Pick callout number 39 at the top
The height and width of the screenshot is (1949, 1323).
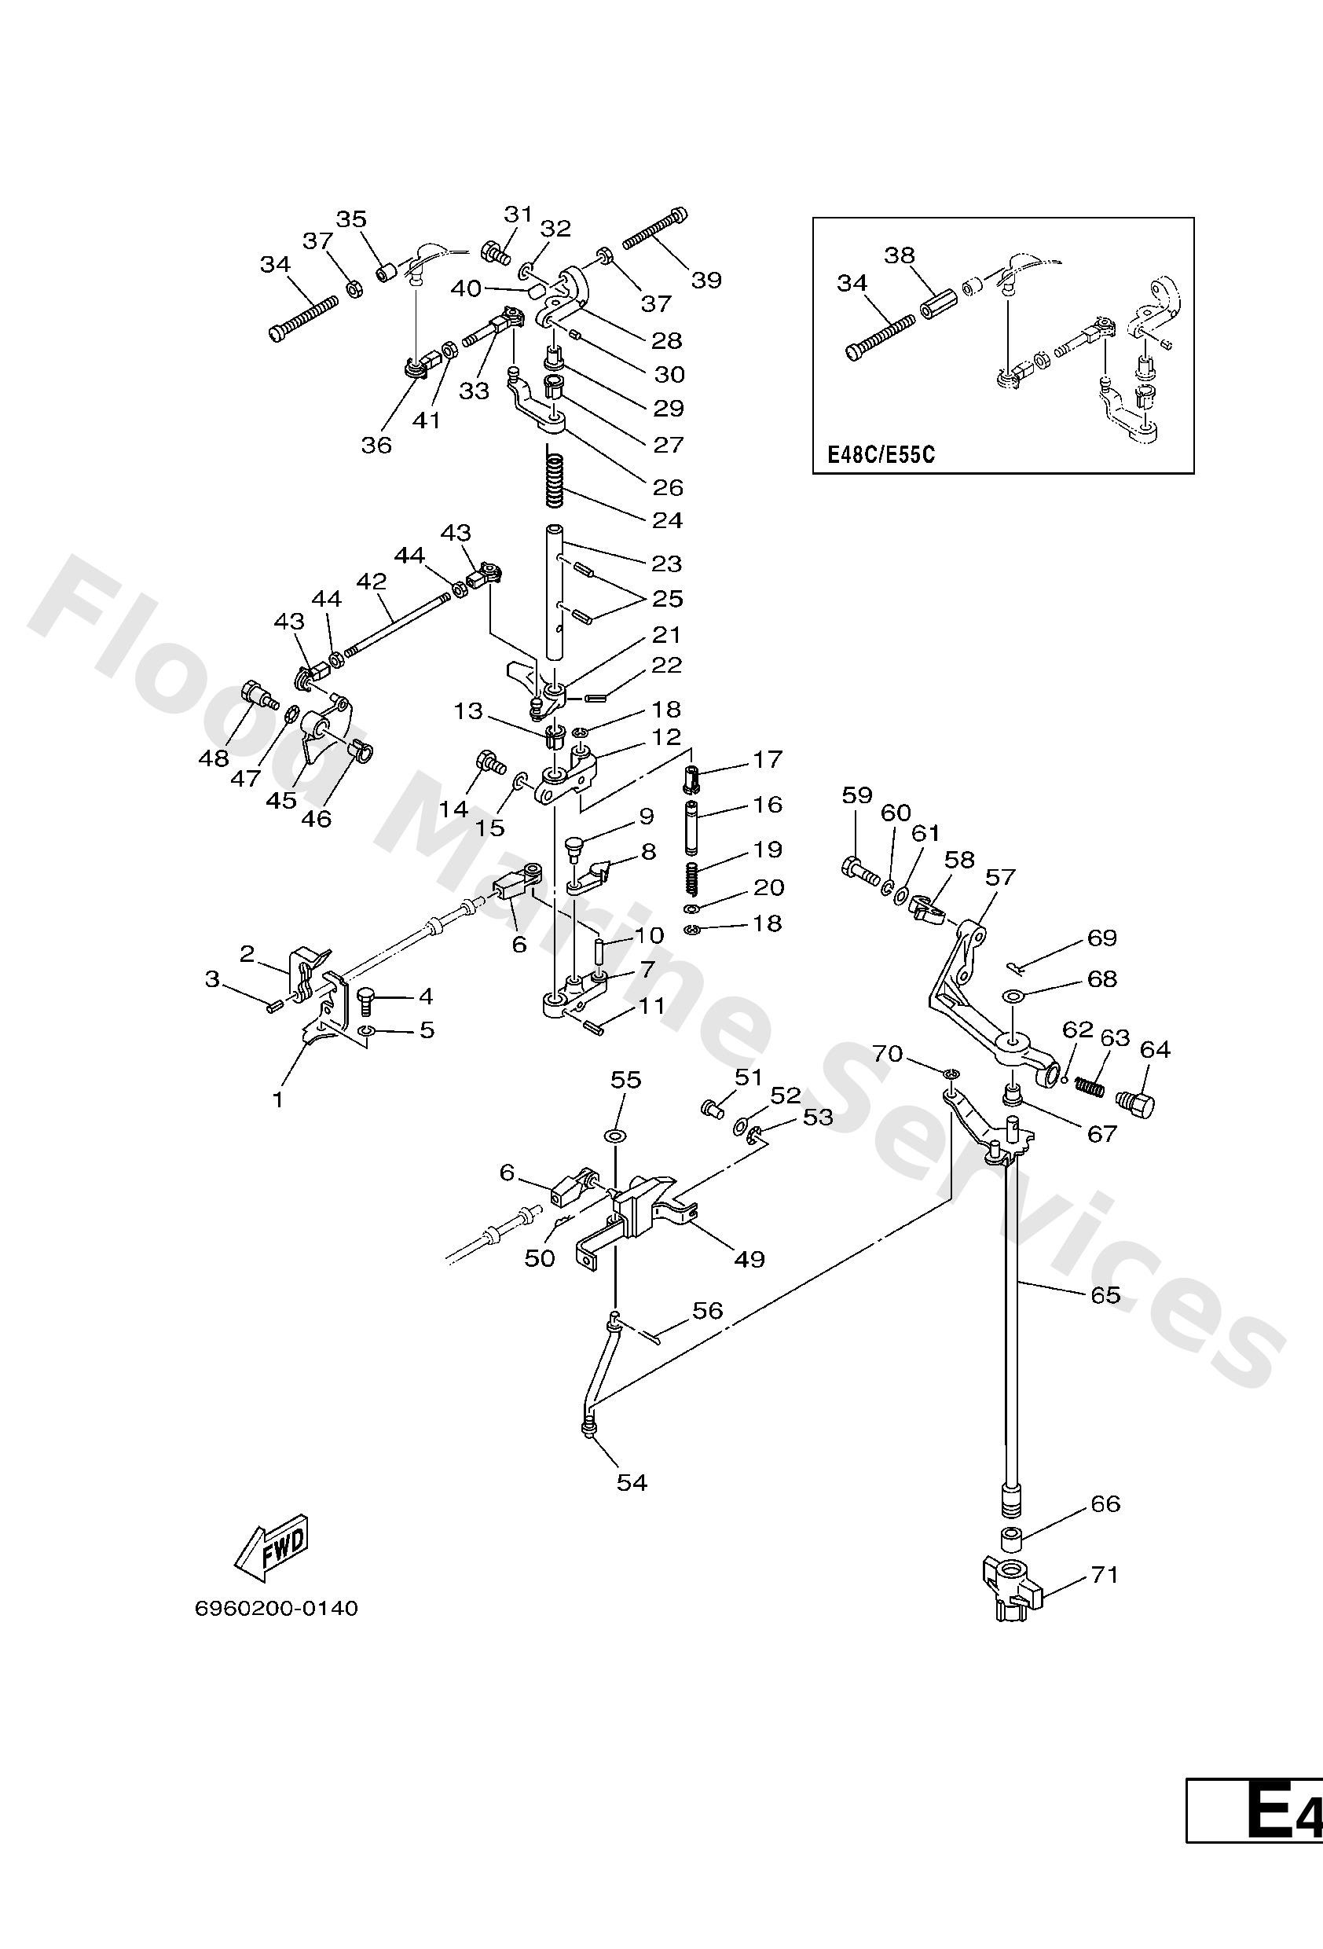tap(706, 279)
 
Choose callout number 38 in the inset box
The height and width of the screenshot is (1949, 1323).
tap(900, 255)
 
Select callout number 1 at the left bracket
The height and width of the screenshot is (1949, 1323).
tap(277, 1099)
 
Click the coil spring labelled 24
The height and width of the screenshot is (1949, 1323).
tap(554, 475)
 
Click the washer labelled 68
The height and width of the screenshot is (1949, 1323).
tap(1013, 997)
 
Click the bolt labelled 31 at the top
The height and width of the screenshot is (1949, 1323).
tap(495, 251)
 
